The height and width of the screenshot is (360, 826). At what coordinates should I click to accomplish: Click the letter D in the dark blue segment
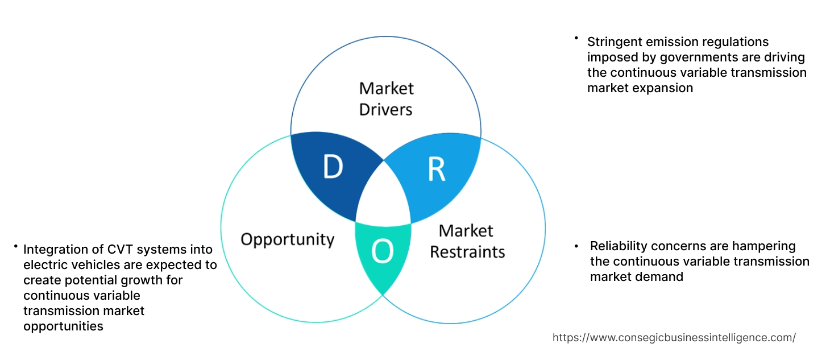[x=333, y=167]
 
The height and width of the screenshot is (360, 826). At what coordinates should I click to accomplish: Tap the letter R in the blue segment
[x=436, y=169]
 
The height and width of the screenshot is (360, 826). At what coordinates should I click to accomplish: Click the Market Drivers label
[x=386, y=98]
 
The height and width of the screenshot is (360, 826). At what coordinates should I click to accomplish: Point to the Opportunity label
[x=287, y=239]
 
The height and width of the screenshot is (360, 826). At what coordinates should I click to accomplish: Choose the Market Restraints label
[x=467, y=241]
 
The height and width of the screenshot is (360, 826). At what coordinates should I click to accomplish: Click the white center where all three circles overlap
[x=384, y=196]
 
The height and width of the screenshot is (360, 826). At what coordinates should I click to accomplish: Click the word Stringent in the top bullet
[x=613, y=42]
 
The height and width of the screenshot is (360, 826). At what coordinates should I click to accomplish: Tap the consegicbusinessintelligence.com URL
[x=674, y=337]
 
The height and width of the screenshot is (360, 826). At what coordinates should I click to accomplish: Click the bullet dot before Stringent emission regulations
[x=575, y=38]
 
